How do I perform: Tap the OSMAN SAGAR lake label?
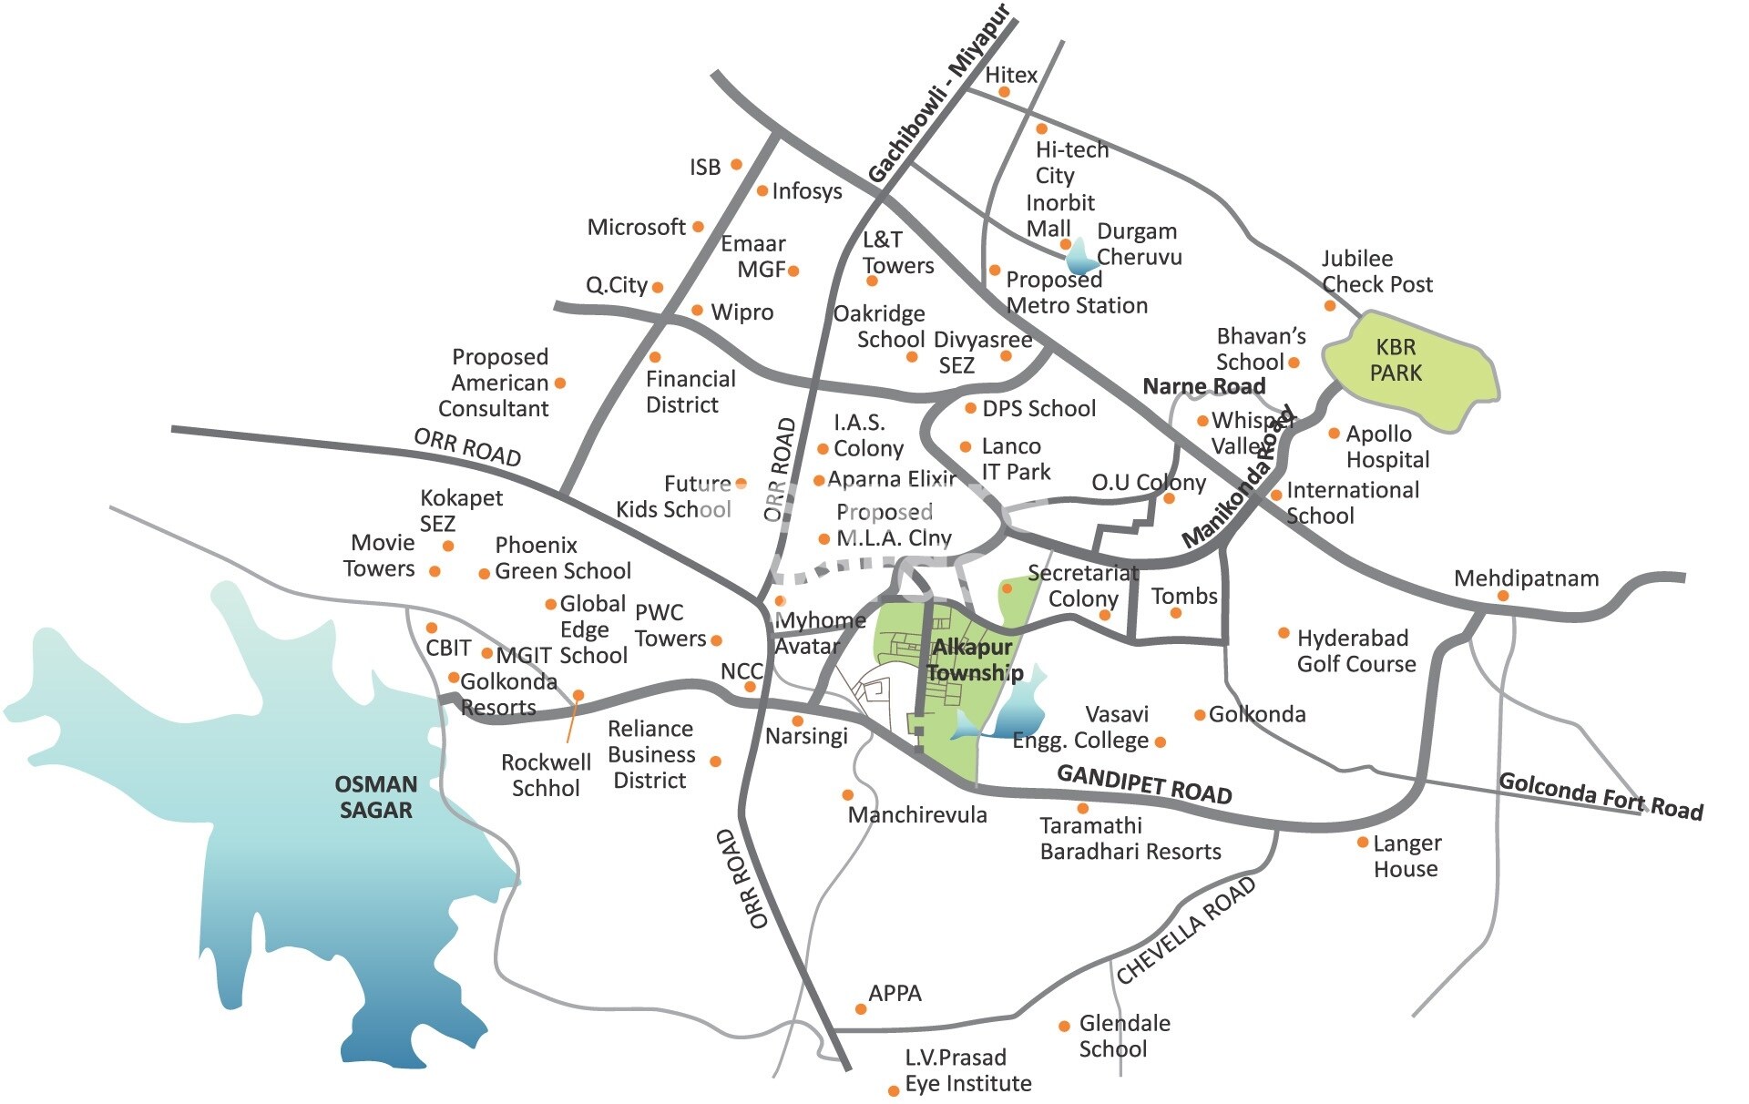coord(375,797)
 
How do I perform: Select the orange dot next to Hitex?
coord(1004,92)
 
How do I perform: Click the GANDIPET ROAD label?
coord(1144,784)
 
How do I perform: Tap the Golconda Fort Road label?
coord(1601,796)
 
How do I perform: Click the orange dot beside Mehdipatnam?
coord(1502,596)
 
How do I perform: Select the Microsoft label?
coord(636,227)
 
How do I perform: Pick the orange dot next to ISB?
coord(736,165)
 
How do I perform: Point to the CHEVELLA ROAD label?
coord(1185,930)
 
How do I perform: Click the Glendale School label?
coord(1123,1036)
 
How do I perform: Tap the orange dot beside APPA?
coord(860,1008)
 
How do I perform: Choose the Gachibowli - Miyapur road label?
coord(939,94)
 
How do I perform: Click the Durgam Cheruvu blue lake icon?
coord(1081,258)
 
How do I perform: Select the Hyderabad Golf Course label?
coord(1355,650)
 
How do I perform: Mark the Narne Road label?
coord(1203,386)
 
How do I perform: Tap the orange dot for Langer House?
coord(1363,843)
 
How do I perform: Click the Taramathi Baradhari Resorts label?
coord(1130,839)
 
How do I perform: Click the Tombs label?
coord(1183,597)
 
